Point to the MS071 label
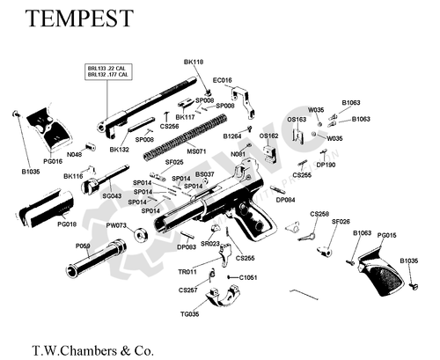point(196,151)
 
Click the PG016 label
point(53,161)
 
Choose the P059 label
point(84,246)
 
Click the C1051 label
point(248,277)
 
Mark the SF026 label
point(341,221)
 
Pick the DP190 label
point(326,164)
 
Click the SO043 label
point(112,195)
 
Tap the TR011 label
point(187,272)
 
